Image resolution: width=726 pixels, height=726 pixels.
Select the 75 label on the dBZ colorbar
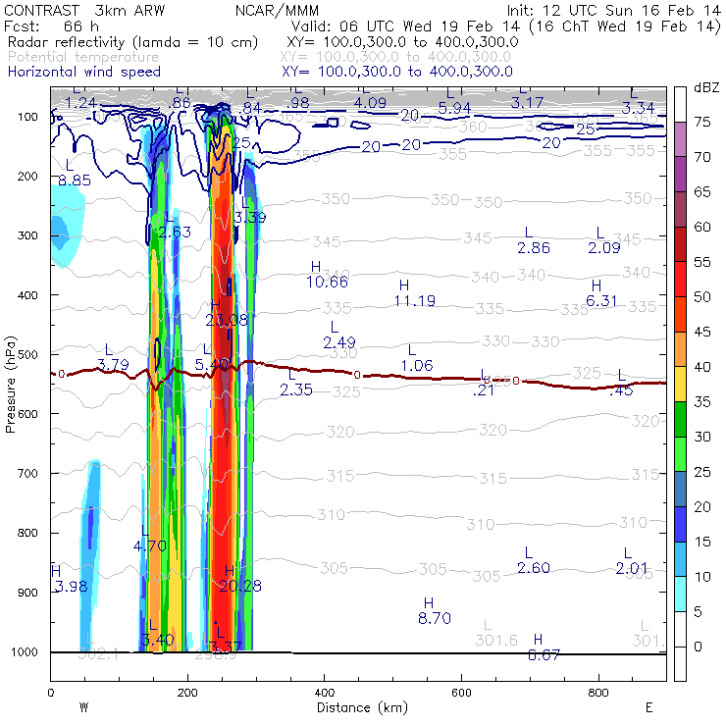tap(703, 123)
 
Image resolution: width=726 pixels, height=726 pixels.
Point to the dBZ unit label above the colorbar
tap(705, 88)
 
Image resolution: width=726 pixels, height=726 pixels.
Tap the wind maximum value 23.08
tap(227, 319)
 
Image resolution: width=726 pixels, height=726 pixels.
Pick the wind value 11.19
tap(415, 300)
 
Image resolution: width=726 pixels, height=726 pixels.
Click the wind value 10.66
tap(328, 282)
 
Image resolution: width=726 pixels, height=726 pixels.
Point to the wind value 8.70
tap(434, 618)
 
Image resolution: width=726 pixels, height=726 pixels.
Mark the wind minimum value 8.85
tap(75, 181)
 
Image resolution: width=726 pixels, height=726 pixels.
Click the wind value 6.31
tap(601, 300)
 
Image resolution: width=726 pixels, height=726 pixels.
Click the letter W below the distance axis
tap(84, 706)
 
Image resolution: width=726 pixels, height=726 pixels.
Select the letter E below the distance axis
tap(648, 706)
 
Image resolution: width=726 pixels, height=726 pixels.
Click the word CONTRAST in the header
tap(37, 10)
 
